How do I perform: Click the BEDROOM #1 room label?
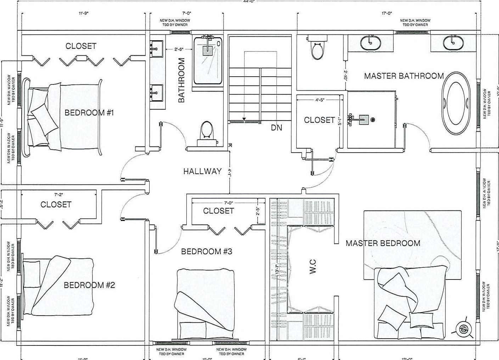coord(89,113)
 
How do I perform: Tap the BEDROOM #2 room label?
coord(89,285)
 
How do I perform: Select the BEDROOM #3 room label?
coord(207,251)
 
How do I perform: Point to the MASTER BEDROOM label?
coord(383,243)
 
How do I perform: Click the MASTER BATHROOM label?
coord(404,76)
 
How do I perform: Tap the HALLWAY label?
coord(202,171)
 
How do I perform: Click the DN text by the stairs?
coord(276,128)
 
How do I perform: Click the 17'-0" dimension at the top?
coord(387,13)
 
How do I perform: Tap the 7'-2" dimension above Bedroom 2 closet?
coord(59,195)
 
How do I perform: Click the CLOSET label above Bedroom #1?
coord(81,46)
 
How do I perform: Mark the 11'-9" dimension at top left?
coord(83,13)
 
